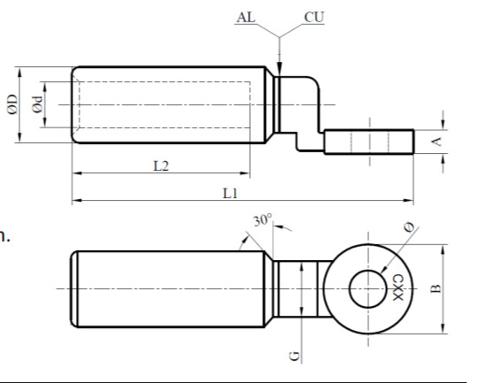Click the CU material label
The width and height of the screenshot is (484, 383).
[314, 17]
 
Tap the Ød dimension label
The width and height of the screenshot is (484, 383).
[37, 105]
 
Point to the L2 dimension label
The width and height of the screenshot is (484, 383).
[160, 166]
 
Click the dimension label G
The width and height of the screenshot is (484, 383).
[296, 355]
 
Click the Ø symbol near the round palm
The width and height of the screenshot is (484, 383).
[407, 229]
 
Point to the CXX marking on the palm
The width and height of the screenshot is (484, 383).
[397, 289]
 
